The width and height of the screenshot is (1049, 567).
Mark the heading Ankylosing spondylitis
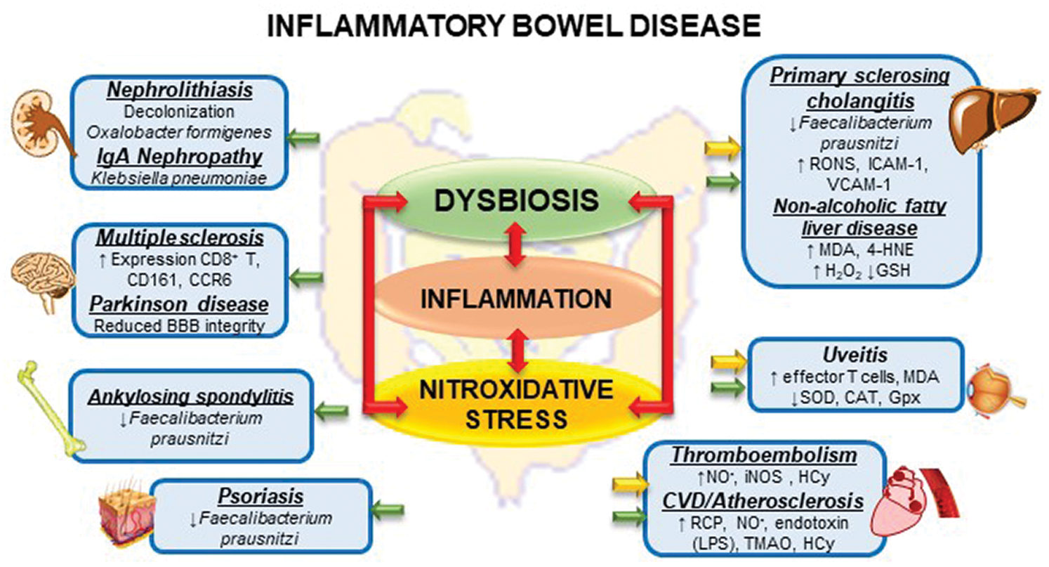click(x=191, y=398)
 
